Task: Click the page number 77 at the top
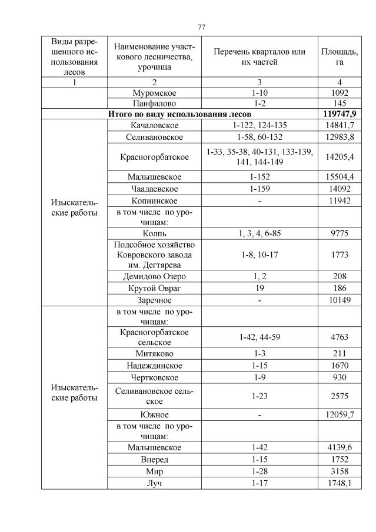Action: [201, 27]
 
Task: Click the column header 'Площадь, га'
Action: [340, 56]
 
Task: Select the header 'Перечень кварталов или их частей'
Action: [259, 56]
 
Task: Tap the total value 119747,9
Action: [340, 113]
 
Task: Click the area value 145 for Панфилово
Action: [340, 103]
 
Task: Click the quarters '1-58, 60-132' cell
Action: [259, 137]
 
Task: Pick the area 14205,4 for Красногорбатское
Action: [340, 157]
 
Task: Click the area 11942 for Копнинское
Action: [340, 200]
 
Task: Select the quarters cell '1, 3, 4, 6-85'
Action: [259, 233]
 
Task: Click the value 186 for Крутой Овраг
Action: [340, 288]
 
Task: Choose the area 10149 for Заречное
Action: [340, 300]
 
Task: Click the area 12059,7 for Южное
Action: [340, 415]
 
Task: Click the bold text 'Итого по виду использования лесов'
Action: [180, 113]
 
